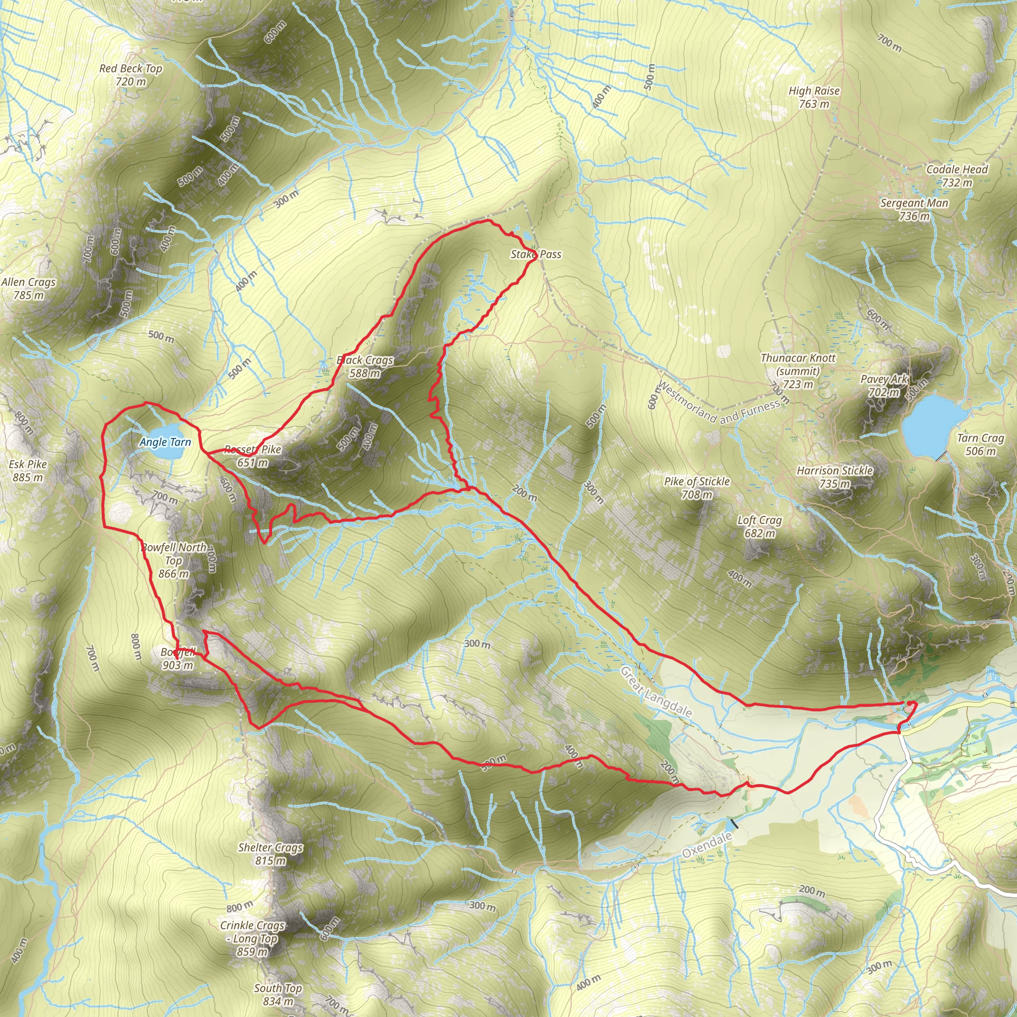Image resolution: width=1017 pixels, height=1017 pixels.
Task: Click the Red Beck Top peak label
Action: point(131,75)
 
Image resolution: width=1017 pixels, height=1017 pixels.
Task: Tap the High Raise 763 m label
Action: point(814,97)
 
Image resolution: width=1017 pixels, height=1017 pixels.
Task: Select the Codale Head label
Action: point(957,176)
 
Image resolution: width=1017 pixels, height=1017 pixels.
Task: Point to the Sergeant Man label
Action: point(914,209)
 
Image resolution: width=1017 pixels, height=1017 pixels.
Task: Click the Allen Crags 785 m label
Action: point(28,289)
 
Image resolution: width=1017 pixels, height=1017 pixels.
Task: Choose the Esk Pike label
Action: point(28,471)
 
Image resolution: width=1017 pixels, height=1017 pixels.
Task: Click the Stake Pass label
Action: point(536,254)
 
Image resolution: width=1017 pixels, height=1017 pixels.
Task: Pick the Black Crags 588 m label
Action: point(365,366)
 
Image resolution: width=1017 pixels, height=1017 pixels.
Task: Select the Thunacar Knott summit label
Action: point(798,370)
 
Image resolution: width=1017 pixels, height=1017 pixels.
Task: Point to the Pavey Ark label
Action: point(884,385)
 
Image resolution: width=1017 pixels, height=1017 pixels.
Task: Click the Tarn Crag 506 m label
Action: point(981,444)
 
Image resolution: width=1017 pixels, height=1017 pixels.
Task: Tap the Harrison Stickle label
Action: point(835,477)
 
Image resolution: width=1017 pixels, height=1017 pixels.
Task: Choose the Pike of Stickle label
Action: point(697,488)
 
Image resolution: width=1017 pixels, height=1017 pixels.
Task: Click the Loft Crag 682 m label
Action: point(759,526)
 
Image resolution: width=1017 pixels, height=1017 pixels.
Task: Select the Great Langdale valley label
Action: point(656,692)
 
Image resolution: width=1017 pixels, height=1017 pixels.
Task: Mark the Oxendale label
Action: point(707,845)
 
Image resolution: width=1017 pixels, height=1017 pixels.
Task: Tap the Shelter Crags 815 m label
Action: point(271,854)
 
